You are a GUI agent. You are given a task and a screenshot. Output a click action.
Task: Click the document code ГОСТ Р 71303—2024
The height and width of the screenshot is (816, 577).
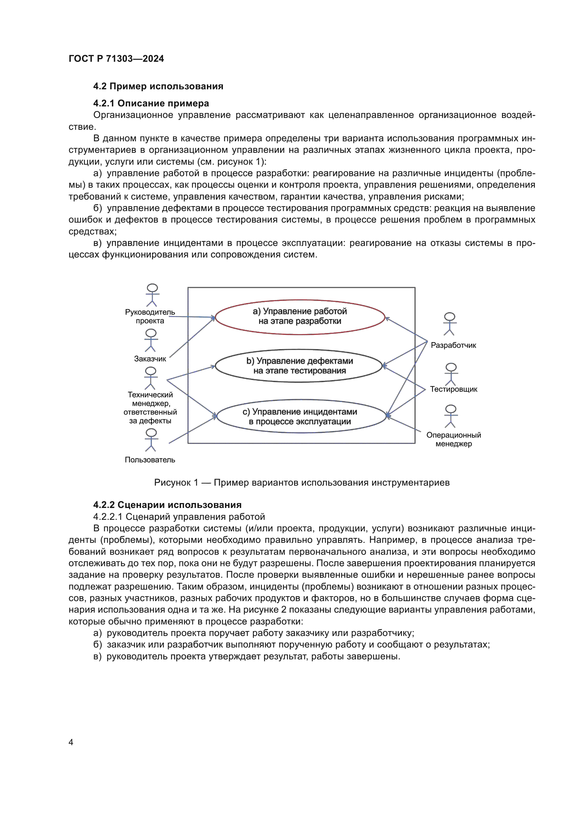click(116, 59)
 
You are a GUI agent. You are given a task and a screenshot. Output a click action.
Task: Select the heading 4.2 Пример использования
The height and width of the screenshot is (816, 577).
click(158, 87)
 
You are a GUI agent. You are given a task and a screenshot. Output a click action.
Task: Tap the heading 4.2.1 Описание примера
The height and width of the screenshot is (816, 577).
click(151, 103)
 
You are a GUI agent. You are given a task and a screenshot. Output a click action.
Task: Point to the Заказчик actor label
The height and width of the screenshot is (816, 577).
click(150, 359)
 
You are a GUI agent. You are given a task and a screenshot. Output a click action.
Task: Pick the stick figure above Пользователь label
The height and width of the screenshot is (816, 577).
click(151, 440)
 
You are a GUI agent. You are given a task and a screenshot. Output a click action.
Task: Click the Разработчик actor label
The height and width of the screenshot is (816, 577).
click(454, 345)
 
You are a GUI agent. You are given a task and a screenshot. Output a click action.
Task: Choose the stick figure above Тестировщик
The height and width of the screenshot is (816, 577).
click(451, 374)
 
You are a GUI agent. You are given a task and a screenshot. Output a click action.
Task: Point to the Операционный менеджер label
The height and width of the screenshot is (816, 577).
click(454, 439)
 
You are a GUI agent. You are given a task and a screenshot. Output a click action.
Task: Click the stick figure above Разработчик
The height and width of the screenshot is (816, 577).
click(449, 324)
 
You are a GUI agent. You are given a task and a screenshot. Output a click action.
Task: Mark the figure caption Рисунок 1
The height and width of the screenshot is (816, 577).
click(302, 482)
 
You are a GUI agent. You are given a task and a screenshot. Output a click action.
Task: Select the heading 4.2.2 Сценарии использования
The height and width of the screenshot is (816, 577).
click(167, 505)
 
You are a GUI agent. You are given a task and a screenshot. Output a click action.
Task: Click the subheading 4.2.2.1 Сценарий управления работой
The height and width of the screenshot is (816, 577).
click(179, 517)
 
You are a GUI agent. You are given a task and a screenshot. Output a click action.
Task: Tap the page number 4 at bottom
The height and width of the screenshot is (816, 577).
click(71, 742)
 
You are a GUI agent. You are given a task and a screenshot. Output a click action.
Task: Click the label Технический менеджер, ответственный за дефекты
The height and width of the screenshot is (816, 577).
click(150, 407)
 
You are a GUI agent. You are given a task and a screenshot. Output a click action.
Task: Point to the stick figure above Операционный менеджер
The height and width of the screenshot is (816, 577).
click(450, 416)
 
